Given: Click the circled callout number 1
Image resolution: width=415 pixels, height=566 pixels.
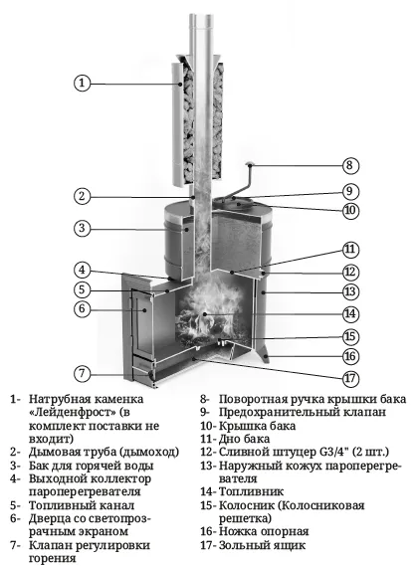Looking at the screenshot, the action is coord(82,83).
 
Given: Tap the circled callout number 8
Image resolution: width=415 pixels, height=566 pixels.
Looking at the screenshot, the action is coord(350,165).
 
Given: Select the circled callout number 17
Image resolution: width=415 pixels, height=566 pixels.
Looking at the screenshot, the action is coord(350,378).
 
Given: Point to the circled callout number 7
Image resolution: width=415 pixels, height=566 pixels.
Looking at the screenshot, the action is coord(82,373).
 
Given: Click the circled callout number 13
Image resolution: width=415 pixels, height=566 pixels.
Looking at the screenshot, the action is coord(350,291).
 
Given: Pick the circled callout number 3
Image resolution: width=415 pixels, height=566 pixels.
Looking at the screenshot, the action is coord(82,228).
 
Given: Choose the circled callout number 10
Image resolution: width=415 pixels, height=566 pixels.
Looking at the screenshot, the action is coord(350,210).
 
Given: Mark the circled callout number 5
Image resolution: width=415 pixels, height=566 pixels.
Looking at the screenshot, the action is coord(82,289).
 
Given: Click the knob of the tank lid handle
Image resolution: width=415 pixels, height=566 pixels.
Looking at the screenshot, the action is coord(249,164).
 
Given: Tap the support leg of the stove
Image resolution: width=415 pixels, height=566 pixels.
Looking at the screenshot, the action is coord(264,351).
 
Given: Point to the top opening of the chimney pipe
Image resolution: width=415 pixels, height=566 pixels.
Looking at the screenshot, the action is coord(200,15).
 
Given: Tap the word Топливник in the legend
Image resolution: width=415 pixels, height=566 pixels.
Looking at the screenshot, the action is coord(251,491).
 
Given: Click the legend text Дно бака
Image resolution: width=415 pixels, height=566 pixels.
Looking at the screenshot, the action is coord(244,439).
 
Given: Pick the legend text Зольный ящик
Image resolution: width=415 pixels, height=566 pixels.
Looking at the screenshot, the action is coord(262,545).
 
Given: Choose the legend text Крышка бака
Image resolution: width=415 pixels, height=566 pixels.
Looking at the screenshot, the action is coord(257,426).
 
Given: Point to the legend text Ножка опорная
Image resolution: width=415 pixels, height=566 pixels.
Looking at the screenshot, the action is coord(264,532).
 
